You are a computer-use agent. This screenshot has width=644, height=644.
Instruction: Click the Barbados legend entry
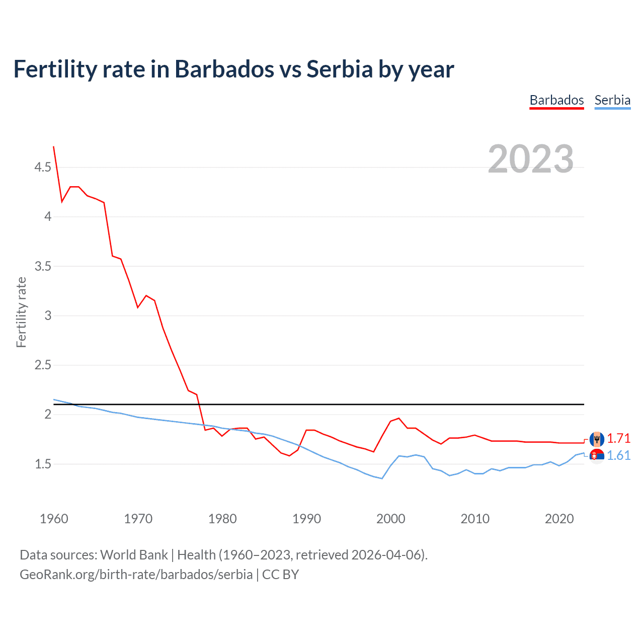tap(556, 100)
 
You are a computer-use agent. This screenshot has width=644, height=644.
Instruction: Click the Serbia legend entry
tap(612, 100)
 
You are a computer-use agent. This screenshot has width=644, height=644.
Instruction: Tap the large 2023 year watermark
tap(530, 159)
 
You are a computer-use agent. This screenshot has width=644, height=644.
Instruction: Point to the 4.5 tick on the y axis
tap(43, 167)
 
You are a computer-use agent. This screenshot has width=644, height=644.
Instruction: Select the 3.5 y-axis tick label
tap(43, 266)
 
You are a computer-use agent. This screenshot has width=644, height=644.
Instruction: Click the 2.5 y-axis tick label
tap(43, 365)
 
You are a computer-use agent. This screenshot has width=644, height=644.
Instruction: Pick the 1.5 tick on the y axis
tap(43, 464)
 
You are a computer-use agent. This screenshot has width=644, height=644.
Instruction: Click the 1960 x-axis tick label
tap(54, 519)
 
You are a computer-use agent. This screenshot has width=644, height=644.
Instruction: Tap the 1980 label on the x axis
tap(222, 519)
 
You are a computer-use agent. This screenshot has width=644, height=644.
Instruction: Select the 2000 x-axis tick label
tap(391, 519)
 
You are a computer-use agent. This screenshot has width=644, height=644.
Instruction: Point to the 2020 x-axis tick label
tap(559, 519)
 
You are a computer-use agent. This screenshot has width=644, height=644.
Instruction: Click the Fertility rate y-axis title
tap(21, 312)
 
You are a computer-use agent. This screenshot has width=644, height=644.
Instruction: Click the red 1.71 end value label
tap(618, 438)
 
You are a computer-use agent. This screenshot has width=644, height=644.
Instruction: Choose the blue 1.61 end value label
tap(618, 455)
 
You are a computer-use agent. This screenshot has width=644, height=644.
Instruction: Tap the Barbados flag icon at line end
tap(597, 439)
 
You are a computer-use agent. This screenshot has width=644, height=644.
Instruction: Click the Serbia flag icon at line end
tap(597, 456)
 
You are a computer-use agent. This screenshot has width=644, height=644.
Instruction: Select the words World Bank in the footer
tap(134, 554)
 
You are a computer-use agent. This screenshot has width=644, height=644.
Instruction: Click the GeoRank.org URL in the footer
tap(136, 574)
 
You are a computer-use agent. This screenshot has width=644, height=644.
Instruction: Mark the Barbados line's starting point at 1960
tap(54, 146)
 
